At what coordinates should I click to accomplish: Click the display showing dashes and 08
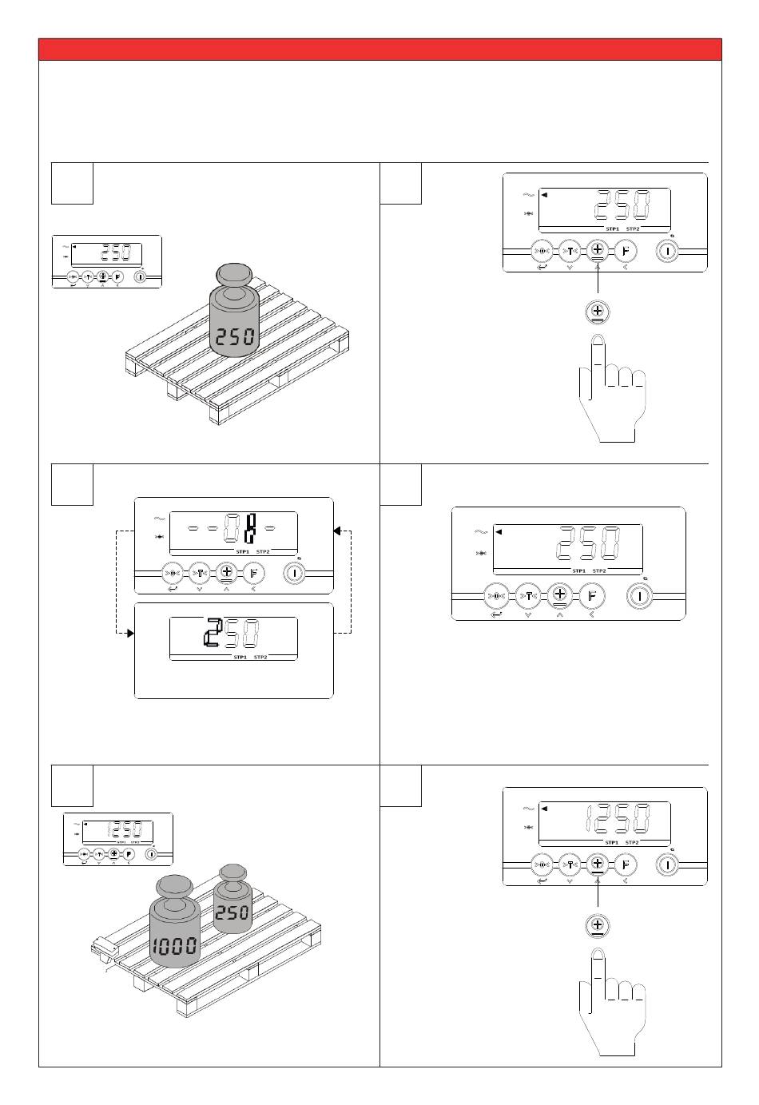pyautogui.click(x=233, y=530)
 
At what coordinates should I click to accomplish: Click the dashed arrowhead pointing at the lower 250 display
pyautogui.click(x=128, y=634)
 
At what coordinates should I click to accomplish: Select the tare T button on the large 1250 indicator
pyautogui.click(x=569, y=865)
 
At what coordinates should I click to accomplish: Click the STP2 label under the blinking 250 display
pyautogui.click(x=260, y=658)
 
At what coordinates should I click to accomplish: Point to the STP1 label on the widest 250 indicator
pyautogui.click(x=578, y=571)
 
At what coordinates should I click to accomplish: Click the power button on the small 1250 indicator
pyautogui.click(x=151, y=853)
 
